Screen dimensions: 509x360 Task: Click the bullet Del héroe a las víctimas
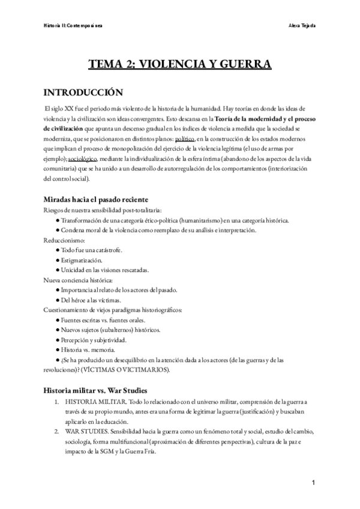90,300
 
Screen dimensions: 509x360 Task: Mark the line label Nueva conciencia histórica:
77,280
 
